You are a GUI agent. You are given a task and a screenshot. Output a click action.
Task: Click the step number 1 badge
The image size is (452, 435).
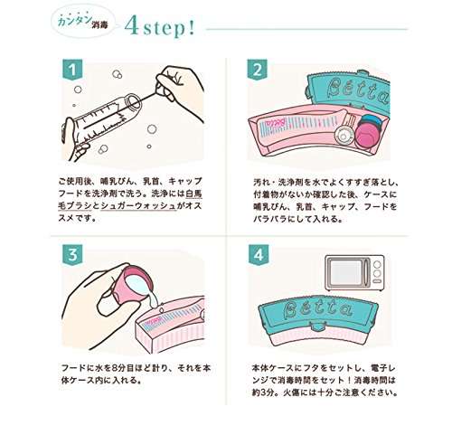pos(72,70)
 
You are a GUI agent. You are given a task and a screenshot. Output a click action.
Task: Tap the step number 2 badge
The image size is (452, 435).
pos(258,70)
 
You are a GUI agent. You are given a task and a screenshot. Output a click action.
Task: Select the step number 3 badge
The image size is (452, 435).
pos(72,255)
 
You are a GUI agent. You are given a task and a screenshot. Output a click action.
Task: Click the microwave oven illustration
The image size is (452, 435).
pos(354,272)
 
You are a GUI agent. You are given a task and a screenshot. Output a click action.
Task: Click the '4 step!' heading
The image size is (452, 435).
pos(160,29)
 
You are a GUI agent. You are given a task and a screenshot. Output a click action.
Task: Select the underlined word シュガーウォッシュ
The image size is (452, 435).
pos(138,206)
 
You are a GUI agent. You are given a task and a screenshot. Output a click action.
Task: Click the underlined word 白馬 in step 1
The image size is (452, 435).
pos(193,194)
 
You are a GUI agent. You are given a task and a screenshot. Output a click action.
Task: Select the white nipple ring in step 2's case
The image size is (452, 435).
pos(344,136)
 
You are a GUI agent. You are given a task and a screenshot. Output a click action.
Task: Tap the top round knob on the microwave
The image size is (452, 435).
pos(377,264)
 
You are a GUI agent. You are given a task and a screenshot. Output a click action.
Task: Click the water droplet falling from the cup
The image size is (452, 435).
pos(162,309)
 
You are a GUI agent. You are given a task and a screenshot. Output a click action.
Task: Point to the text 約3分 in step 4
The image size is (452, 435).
pos(264,393)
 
